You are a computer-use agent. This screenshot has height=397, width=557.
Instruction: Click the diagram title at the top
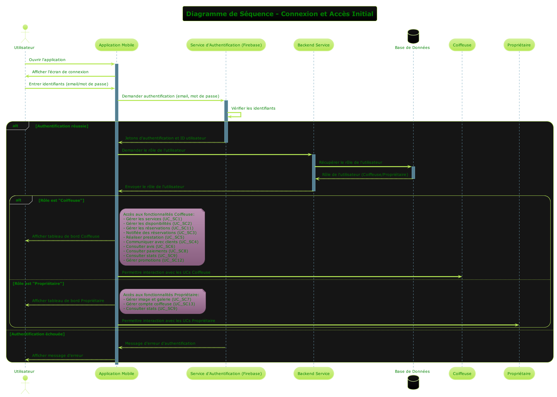click(x=279, y=14)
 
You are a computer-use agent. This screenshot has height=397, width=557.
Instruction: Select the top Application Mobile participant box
click(x=117, y=45)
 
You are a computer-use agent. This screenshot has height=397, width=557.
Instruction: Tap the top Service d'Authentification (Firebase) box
click(x=226, y=45)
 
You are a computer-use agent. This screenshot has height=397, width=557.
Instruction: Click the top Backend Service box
click(x=313, y=45)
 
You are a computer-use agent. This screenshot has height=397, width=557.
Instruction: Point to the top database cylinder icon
click(x=413, y=36)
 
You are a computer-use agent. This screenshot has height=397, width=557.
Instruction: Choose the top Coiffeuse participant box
click(x=462, y=45)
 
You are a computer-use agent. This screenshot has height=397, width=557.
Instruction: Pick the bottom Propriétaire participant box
click(x=519, y=373)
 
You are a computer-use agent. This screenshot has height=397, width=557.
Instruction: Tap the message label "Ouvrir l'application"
click(x=47, y=60)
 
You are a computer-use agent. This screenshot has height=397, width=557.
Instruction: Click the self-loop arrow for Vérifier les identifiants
click(x=238, y=115)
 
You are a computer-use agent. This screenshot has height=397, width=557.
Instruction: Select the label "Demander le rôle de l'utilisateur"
click(x=153, y=150)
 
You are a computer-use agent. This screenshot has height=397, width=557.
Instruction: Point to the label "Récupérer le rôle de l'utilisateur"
click(x=351, y=162)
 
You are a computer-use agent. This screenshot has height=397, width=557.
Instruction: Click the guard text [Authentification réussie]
click(x=62, y=126)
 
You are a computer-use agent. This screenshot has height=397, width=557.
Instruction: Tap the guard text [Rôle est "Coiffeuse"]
click(x=61, y=200)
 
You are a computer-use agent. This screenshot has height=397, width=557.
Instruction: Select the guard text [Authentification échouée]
click(x=37, y=334)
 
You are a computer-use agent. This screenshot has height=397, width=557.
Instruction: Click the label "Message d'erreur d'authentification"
click(x=160, y=343)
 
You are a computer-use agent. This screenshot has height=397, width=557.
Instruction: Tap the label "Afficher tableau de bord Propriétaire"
click(x=68, y=301)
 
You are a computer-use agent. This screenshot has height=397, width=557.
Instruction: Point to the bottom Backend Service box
click(x=313, y=373)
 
